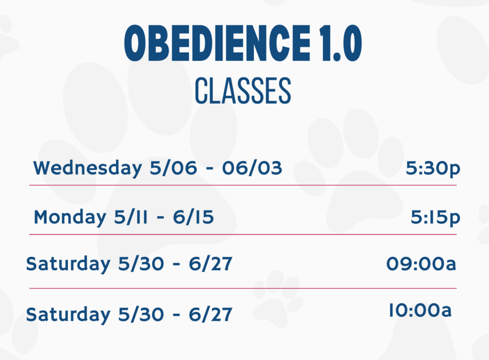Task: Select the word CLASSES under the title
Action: pyautogui.click(x=243, y=91)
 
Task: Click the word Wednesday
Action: pyautogui.click(x=88, y=169)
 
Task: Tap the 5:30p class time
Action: pyautogui.click(x=433, y=169)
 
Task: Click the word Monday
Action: pyautogui.click(x=70, y=217)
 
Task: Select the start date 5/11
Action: pyautogui.click(x=131, y=217)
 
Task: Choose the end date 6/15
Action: pyautogui.click(x=194, y=217)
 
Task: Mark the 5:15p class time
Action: pyautogui.click(x=436, y=218)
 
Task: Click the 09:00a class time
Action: pyautogui.click(x=421, y=264)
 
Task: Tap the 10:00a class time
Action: pyautogui.click(x=420, y=310)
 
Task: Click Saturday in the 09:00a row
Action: pyautogui.click(x=68, y=264)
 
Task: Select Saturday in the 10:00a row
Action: pyautogui.click(x=68, y=315)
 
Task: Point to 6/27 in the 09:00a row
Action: pyautogui.click(x=211, y=264)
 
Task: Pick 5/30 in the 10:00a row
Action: pyautogui.click(x=141, y=314)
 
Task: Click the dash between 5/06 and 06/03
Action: pyautogui.click(x=210, y=169)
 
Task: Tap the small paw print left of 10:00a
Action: pyautogui.click(x=277, y=298)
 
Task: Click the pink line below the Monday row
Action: pyautogui.click(x=243, y=234)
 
